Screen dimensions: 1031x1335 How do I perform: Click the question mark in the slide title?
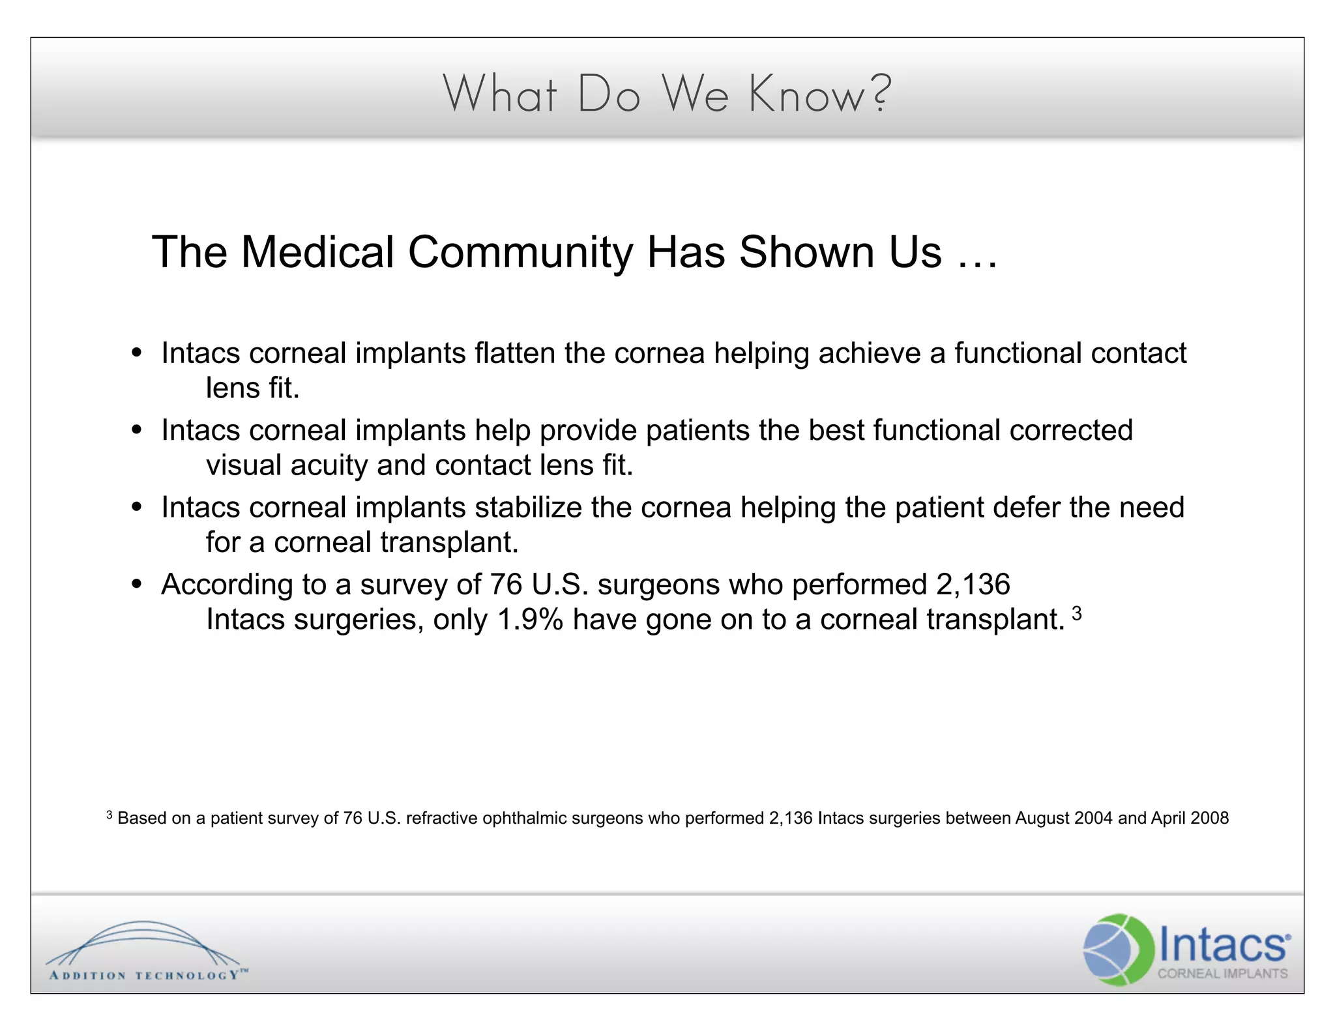[x=880, y=93]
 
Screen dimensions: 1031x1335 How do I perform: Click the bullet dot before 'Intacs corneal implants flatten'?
[x=136, y=353]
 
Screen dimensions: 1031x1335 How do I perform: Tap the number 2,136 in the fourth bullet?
[x=973, y=585]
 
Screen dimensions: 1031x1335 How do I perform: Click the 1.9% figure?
[x=530, y=620]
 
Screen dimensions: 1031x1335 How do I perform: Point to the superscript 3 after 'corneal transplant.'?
[x=1076, y=613]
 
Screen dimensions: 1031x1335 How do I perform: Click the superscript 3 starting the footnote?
[x=110, y=815]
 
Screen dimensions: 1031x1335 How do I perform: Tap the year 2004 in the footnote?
[x=1093, y=819]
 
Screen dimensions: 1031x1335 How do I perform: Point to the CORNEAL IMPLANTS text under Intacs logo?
[x=1222, y=974]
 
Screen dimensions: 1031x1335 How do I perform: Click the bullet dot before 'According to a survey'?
[x=136, y=585]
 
